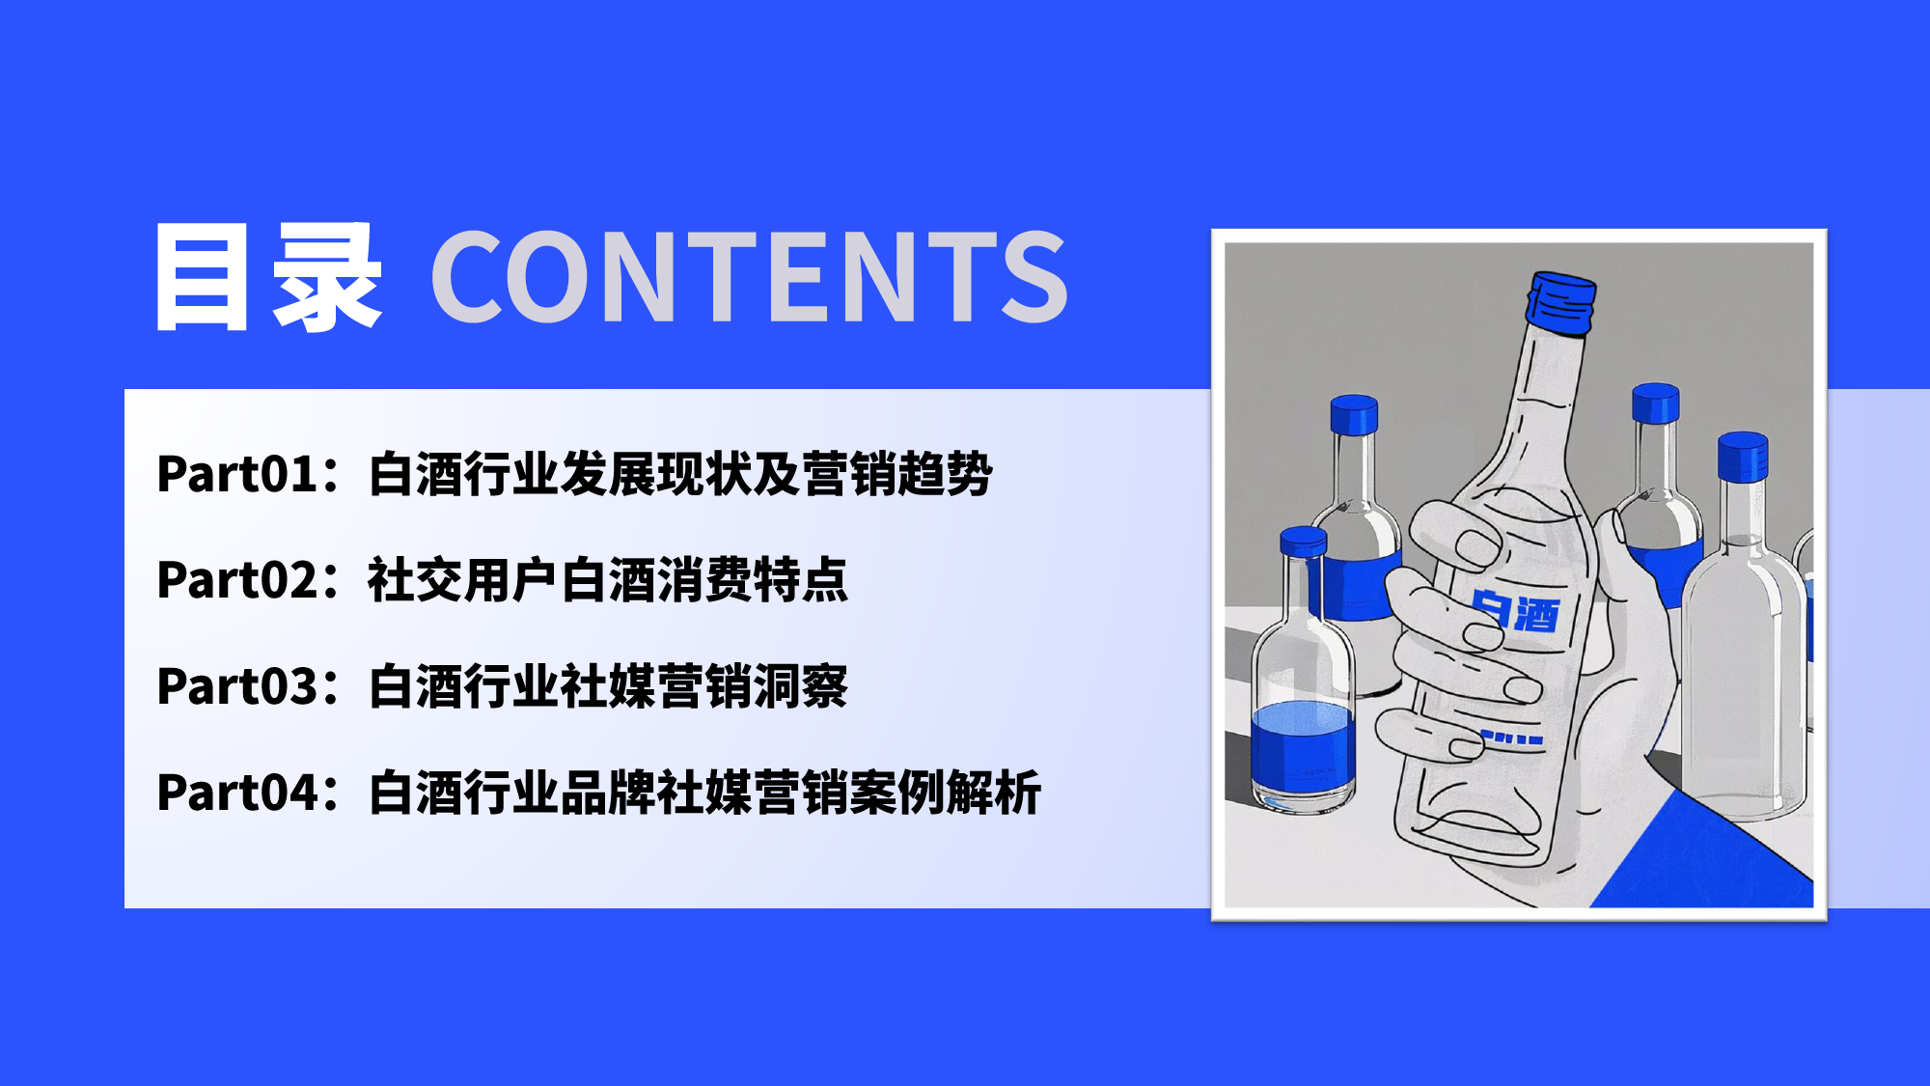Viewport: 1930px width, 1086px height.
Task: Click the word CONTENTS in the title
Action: (x=750, y=276)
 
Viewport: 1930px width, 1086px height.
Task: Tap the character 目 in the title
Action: (x=202, y=277)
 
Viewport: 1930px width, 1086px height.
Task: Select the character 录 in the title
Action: (x=327, y=277)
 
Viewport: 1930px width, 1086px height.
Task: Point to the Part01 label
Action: (x=237, y=474)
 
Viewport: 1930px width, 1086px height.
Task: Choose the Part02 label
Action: (x=237, y=580)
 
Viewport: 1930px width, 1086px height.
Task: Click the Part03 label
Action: (x=237, y=686)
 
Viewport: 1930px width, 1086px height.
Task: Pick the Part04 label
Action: (x=237, y=793)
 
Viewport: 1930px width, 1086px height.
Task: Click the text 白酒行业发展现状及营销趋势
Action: (x=680, y=474)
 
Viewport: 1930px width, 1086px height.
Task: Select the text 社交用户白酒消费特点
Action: (x=608, y=580)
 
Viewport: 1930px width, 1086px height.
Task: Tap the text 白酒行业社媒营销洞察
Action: (x=608, y=686)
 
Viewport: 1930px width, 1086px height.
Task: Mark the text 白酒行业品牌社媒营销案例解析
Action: (x=704, y=793)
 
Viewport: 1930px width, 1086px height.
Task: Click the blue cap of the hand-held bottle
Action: (x=1560, y=302)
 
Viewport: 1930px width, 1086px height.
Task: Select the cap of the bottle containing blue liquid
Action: (x=1303, y=542)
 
